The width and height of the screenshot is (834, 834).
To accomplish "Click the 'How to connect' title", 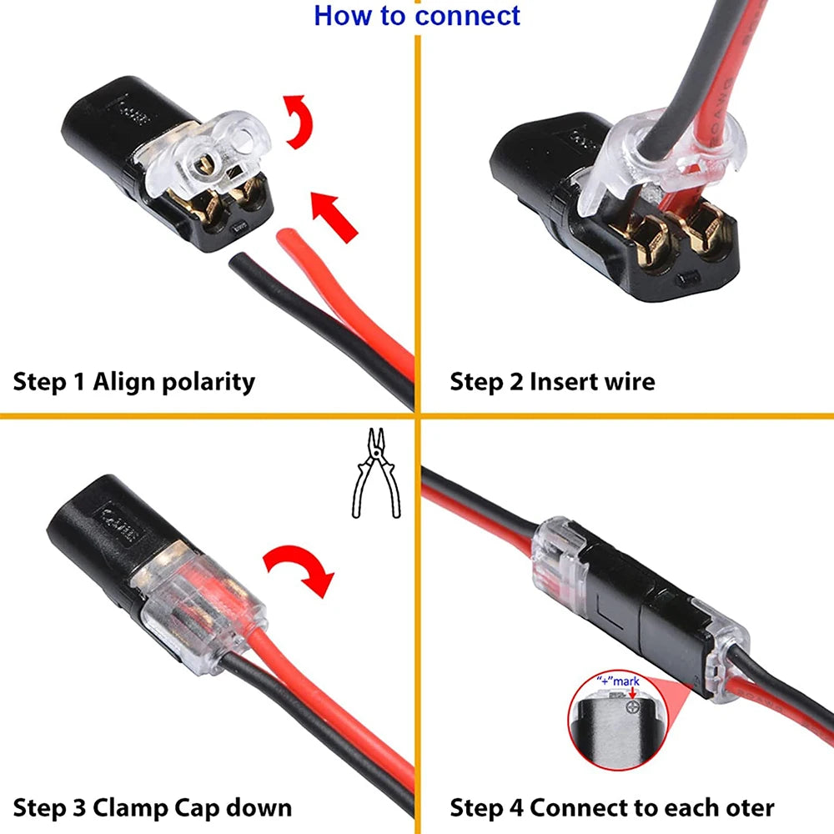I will (x=417, y=16).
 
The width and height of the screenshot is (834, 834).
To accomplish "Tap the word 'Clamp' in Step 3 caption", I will (x=131, y=807).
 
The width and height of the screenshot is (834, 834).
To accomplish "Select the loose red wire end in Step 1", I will (x=288, y=247).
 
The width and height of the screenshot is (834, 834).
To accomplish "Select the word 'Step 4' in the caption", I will (x=486, y=807).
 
